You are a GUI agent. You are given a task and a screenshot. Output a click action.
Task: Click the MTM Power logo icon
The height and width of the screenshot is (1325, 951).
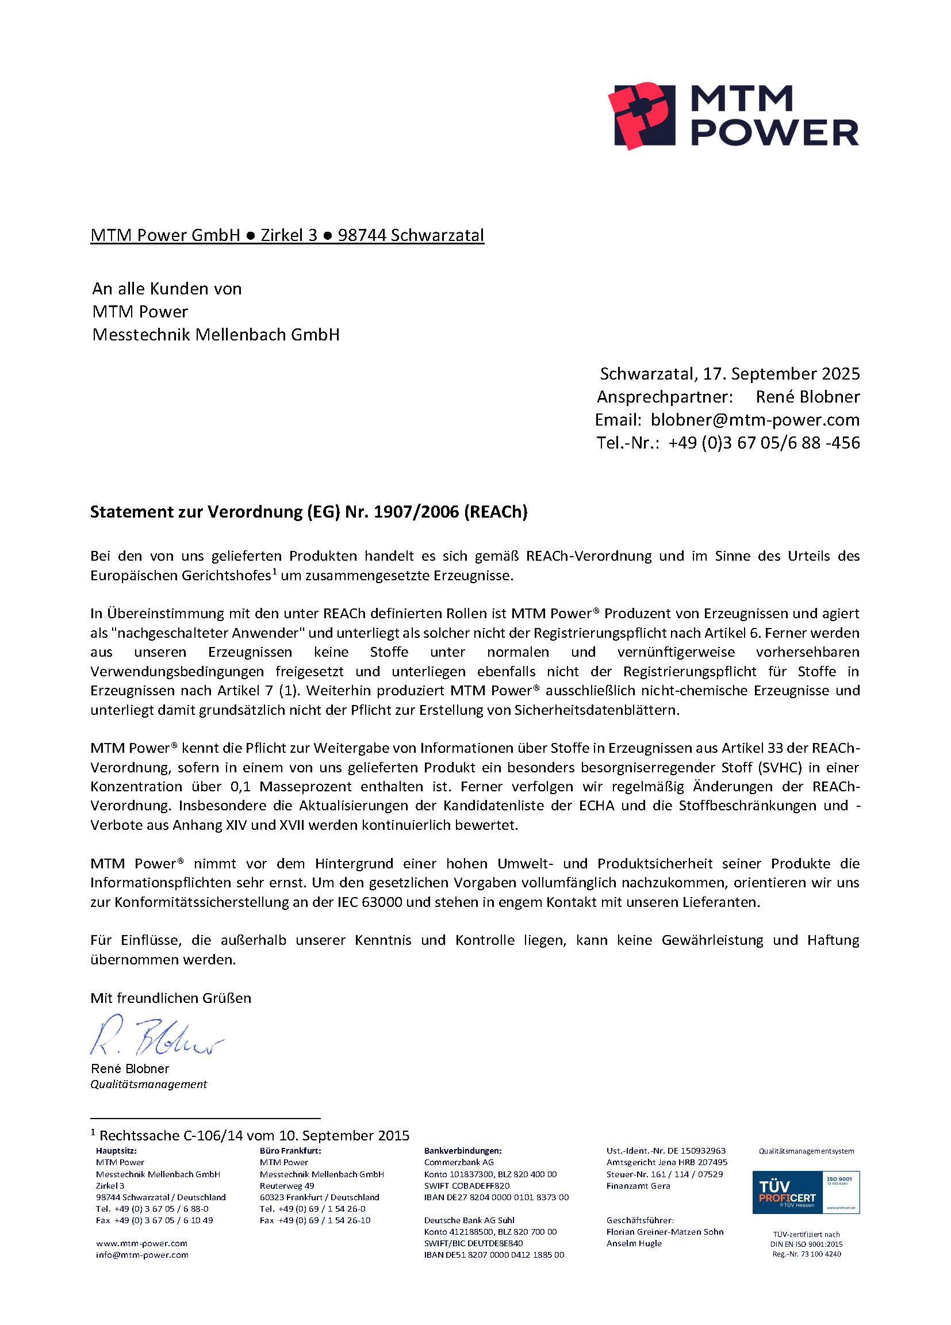pos(641,114)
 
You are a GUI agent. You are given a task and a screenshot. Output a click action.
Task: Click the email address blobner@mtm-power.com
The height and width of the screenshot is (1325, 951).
pos(755,419)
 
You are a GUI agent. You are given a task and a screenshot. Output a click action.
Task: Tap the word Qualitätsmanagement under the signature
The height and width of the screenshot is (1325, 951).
pos(148,1084)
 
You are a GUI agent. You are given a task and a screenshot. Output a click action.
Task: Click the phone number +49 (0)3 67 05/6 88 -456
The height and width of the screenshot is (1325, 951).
pos(764,443)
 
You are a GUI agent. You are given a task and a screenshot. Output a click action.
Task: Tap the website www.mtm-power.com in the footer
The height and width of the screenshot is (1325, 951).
pos(141,1243)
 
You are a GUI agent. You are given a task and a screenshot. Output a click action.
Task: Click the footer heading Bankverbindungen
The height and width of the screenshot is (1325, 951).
pos(463,1151)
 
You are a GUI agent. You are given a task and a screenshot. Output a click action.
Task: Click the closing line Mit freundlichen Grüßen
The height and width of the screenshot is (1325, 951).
pos(171,998)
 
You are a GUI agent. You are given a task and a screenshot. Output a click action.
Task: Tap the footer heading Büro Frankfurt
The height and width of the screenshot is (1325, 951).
pos(290,1151)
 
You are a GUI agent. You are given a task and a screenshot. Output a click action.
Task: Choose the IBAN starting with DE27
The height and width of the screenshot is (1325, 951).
pos(496,1197)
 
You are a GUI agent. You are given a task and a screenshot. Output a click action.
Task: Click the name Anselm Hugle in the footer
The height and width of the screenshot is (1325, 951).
pos(634,1243)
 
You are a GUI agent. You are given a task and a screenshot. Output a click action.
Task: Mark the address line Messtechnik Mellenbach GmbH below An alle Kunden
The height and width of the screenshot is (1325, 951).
pos(216,335)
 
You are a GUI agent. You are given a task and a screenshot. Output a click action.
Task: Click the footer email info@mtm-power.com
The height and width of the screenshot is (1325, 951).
pos(142,1255)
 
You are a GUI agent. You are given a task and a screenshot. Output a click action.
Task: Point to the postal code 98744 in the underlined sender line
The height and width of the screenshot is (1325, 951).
pos(362,235)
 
